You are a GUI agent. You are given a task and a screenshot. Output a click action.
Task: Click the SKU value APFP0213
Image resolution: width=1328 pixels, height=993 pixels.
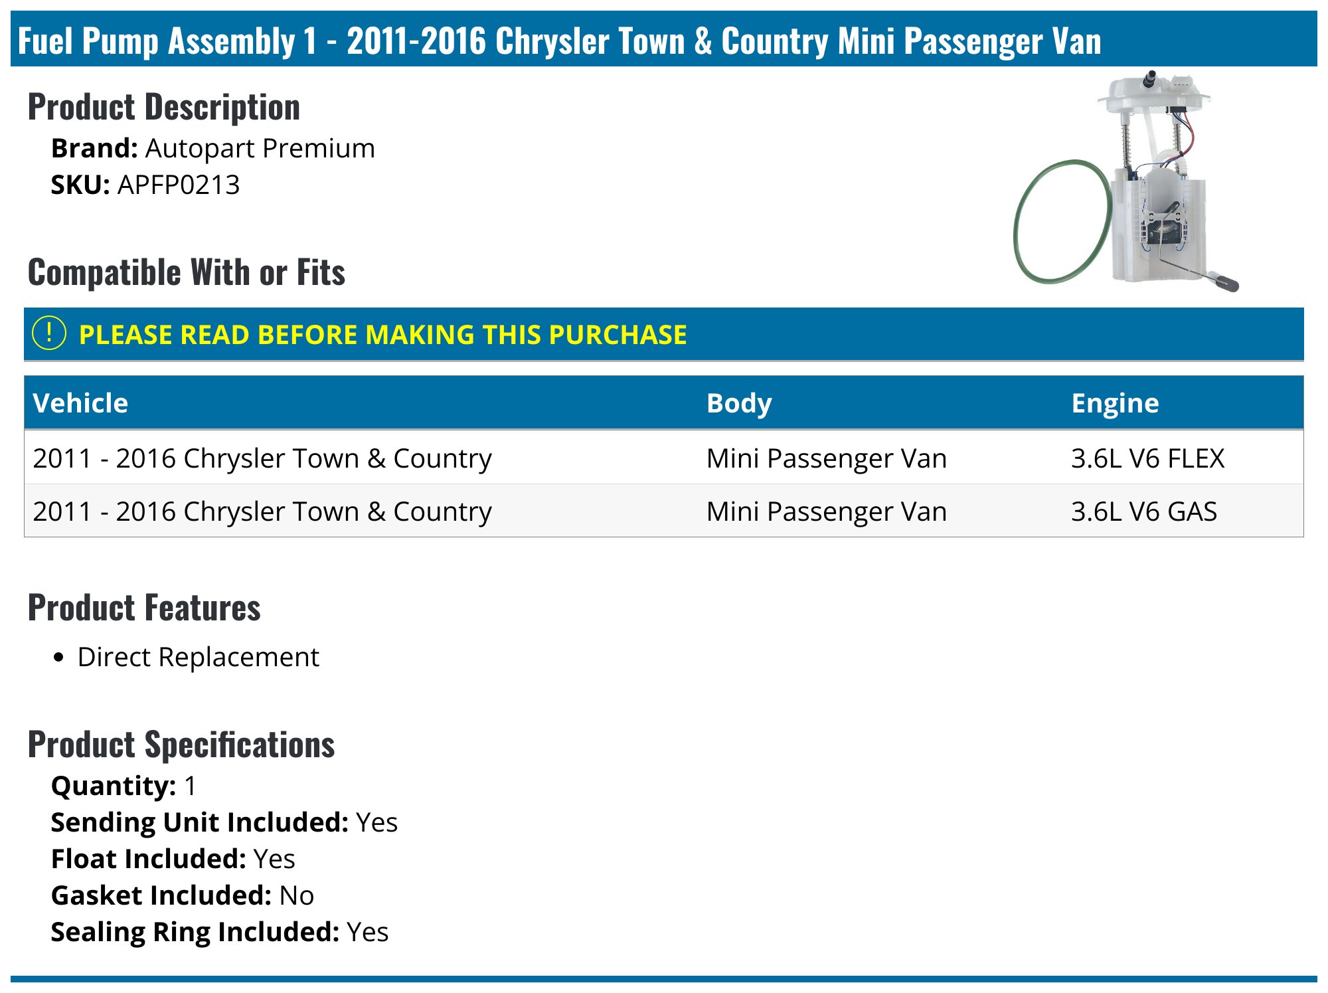coord(179,185)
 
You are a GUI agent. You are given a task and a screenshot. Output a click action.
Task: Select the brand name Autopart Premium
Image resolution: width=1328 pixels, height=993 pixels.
coord(260,149)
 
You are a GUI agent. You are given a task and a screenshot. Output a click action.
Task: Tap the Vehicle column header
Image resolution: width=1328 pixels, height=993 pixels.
coord(80,403)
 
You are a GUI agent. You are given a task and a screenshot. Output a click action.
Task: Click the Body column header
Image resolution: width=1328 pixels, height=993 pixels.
coord(739,404)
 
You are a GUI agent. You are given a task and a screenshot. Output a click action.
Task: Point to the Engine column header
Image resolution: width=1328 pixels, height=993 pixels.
coord(1116,404)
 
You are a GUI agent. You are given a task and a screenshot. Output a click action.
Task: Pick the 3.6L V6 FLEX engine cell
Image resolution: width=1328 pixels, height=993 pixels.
coord(1147,458)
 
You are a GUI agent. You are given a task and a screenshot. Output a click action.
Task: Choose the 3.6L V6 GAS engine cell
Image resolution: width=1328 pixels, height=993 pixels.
coord(1144,511)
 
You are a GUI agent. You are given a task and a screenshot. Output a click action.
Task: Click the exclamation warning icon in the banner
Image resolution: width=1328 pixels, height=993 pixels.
coord(49,333)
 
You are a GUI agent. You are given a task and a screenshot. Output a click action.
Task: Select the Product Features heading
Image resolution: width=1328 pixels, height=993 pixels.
coord(144,608)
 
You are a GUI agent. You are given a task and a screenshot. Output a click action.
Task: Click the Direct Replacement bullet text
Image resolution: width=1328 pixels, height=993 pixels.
coord(199,658)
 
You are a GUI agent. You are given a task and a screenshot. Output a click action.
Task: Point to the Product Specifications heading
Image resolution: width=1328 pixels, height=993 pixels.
coord(181,745)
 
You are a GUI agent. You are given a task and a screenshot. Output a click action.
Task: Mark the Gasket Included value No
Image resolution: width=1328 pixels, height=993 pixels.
coord(297,896)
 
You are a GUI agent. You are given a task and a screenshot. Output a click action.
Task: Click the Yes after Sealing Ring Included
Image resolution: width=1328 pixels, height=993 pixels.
coord(368,933)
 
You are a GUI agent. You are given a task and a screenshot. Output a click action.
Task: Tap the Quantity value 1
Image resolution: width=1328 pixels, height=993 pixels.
coord(191,786)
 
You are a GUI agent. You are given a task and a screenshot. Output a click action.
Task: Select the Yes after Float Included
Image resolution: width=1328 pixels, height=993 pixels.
coord(274,859)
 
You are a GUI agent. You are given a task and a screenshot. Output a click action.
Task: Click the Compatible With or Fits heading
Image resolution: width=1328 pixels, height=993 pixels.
coord(187,272)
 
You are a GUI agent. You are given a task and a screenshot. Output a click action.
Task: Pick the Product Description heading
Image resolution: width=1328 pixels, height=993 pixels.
coord(164,108)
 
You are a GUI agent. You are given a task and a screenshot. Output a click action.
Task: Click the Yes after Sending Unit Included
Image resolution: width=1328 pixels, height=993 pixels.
coord(377,823)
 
